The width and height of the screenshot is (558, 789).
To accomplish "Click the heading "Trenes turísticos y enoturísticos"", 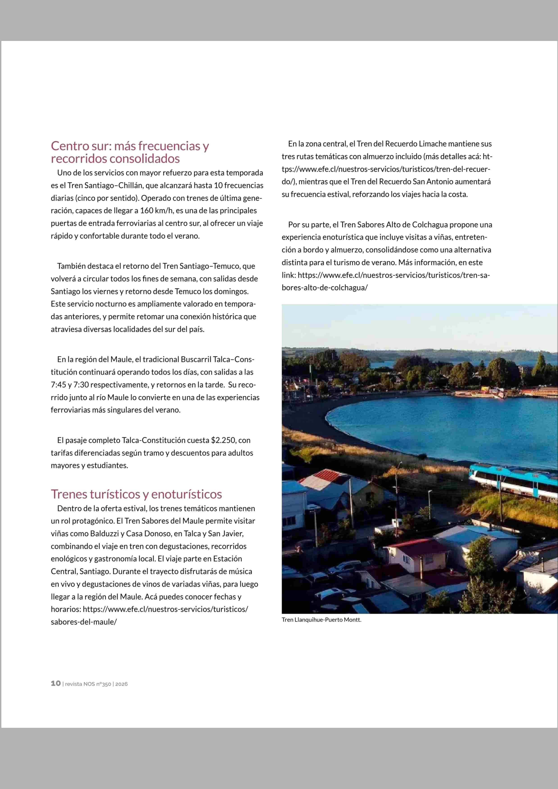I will (x=136, y=494).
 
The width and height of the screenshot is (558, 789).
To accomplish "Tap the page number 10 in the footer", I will (x=56, y=684).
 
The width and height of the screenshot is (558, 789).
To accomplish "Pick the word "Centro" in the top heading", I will (x=70, y=146).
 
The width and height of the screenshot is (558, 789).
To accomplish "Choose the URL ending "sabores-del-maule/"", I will (x=84, y=622).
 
